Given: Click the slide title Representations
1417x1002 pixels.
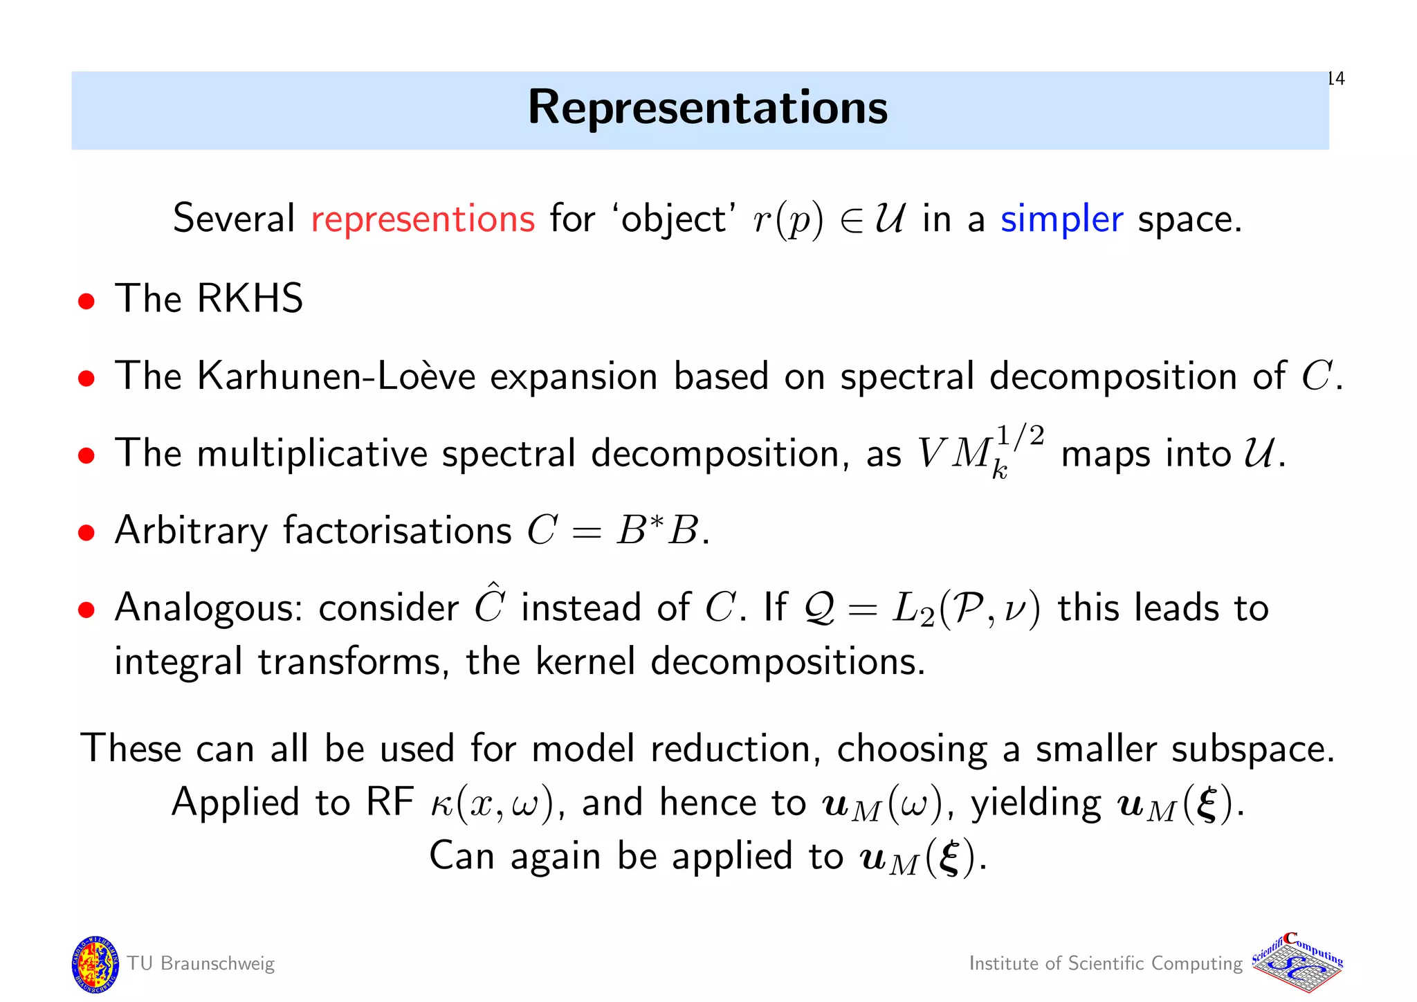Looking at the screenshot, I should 707,108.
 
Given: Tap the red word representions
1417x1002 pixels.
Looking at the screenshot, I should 423,219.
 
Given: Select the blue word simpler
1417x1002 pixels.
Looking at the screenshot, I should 1061,219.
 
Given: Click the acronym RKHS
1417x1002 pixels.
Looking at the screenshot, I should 250,299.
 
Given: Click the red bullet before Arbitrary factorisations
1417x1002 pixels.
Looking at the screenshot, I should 86,533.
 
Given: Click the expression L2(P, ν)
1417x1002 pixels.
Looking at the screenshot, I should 965,609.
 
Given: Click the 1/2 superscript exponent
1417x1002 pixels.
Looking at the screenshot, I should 1021,437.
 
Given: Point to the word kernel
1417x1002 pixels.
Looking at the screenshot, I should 585,662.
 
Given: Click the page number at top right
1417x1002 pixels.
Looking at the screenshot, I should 1336,79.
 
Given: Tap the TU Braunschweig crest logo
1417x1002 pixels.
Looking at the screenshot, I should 95,964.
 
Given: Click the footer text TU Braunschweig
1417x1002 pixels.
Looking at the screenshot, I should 201,964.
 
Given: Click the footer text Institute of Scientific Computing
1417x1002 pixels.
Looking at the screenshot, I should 1105,964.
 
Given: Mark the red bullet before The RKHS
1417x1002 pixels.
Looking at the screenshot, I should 86,302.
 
